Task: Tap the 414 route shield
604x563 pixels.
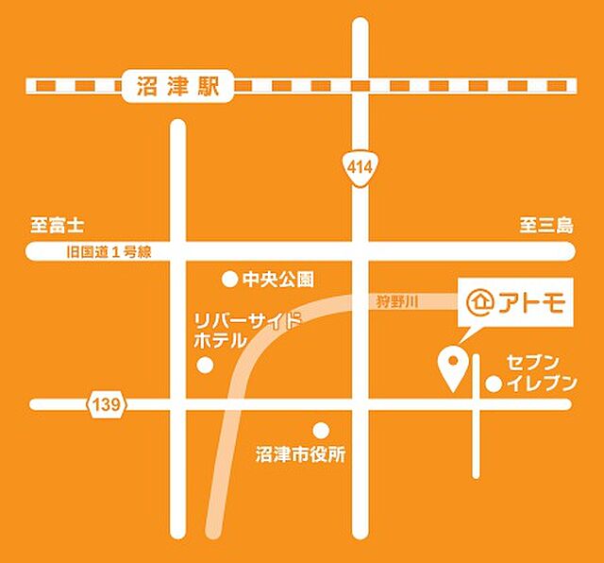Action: pyautogui.click(x=360, y=167)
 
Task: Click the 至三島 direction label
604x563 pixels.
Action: pyautogui.click(x=545, y=226)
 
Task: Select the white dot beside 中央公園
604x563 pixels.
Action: pyautogui.click(x=228, y=280)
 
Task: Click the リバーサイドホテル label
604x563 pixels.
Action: pyautogui.click(x=246, y=330)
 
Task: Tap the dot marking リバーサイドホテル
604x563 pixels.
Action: pyautogui.click(x=205, y=366)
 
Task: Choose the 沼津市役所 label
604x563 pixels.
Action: pyautogui.click(x=300, y=454)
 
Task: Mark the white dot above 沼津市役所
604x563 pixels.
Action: pyautogui.click(x=321, y=430)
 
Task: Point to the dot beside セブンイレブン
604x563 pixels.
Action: pyautogui.click(x=493, y=384)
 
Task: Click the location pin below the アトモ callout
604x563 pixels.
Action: pyautogui.click(x=453, y=367)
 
